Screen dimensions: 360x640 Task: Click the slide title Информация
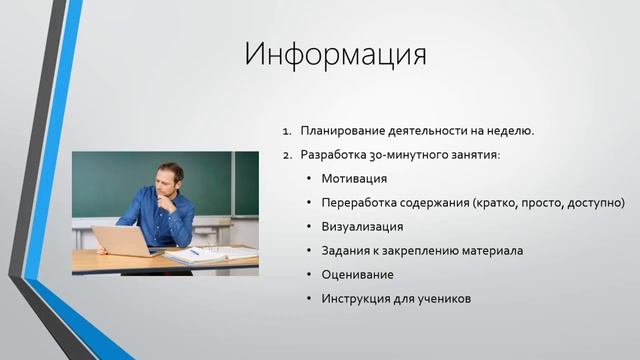tap(335, 53)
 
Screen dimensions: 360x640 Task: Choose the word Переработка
tap(361, 203)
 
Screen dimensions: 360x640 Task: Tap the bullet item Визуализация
tap(363, 227)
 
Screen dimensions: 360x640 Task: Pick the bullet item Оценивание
tap(357, 274)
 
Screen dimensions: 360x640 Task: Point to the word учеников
tap(442, 298)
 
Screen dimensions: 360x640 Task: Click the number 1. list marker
tap(286, 131)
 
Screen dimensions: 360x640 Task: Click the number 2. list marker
tap(286, 155)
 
